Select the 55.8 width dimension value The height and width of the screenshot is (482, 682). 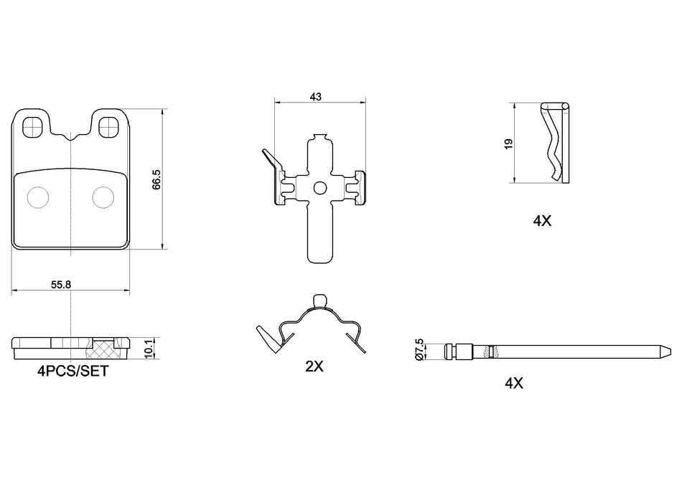[60, 284]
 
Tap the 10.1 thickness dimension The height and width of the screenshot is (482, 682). [149, 348]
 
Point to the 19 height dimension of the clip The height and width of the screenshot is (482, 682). [508, 143]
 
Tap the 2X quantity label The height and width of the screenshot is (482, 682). [314, 367]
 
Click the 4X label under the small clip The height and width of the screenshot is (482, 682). [542, 222]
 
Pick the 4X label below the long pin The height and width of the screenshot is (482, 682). [513, 384]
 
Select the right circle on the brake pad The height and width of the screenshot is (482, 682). [103, 197]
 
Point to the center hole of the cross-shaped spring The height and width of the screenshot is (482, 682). [319, 188]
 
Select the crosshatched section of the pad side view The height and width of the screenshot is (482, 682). [101, 348]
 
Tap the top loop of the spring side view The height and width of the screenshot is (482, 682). [319, 301]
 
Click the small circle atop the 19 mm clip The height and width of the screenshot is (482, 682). [564, 108]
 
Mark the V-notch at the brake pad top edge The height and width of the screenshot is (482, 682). [70, 136]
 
